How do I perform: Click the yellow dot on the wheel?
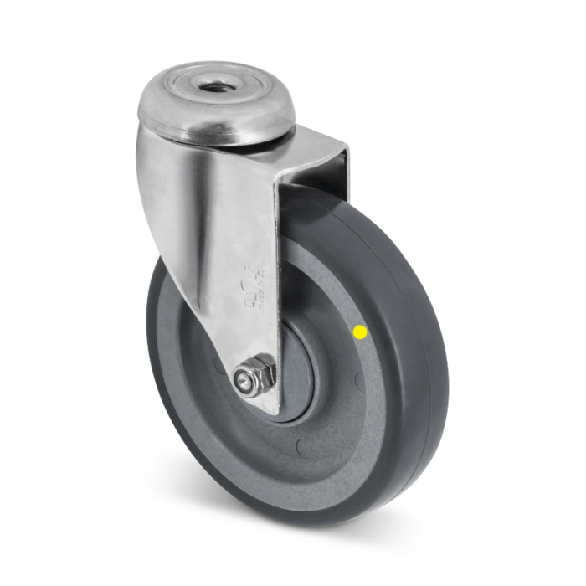(361, 332)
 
